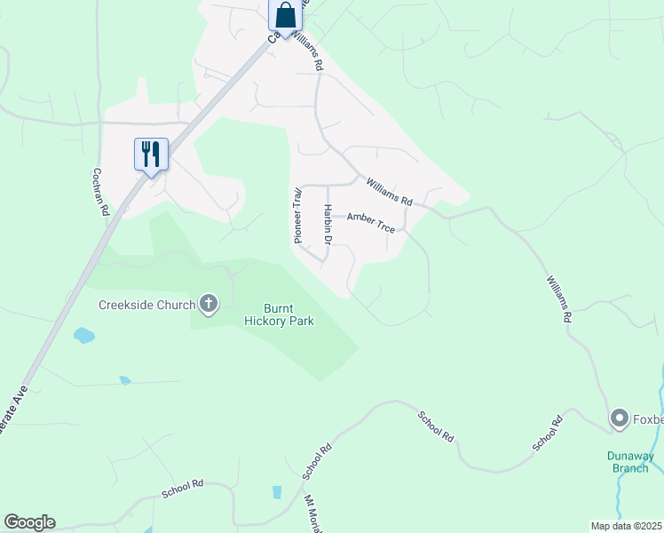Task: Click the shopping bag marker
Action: (285, 16)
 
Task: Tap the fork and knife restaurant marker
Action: (150, 155)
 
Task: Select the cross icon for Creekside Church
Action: (209, 305)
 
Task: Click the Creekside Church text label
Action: (146, 306)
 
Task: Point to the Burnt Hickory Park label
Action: (279, 314)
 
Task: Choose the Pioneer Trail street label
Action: (299, 214)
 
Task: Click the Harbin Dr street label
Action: (328, 225)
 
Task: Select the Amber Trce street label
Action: (370, 222)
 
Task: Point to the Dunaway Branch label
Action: (629, 462)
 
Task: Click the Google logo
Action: (29, 522)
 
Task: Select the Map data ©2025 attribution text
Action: (626, 526)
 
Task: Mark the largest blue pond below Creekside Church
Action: (84, 336)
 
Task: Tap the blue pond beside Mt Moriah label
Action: (277, 492)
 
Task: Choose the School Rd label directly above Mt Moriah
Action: (316, 461)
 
